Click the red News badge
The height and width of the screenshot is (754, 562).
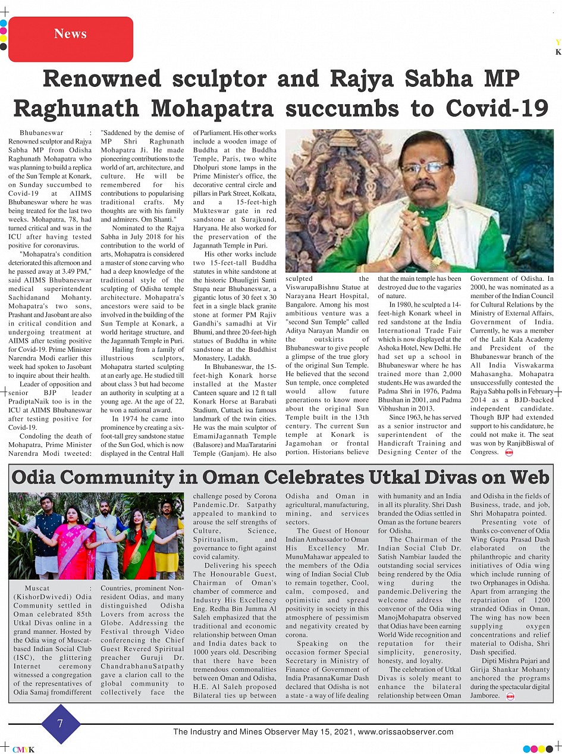point(70,35)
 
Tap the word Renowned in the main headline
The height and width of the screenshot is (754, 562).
point(102,79)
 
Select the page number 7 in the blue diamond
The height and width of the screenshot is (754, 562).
point(60,724)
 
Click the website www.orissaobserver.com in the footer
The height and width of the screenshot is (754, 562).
point(406,732)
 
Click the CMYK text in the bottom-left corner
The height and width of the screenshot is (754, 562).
point(23,749)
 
